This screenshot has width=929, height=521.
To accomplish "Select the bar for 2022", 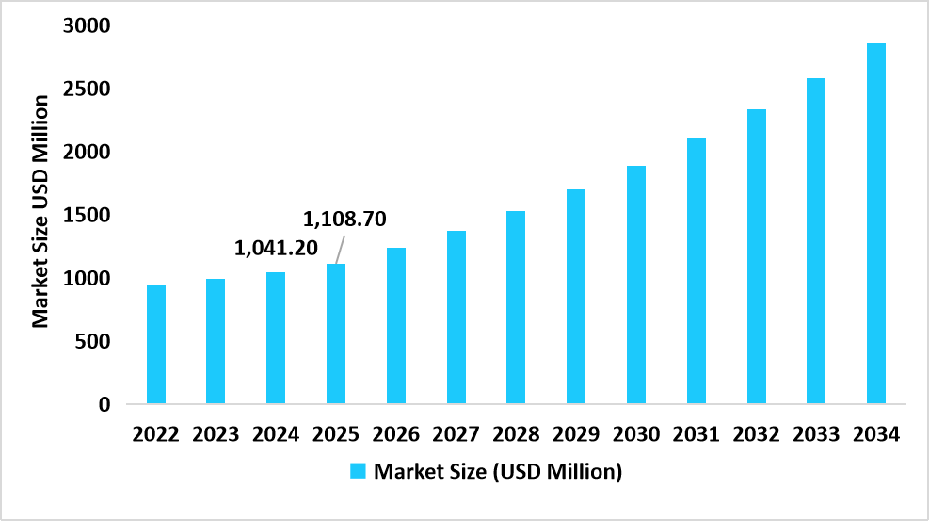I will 155,344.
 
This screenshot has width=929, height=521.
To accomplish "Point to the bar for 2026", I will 395,326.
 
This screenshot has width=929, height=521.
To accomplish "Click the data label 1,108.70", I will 344,220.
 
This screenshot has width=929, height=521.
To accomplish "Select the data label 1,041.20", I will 276,249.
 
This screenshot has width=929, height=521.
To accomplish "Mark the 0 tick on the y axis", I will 104,404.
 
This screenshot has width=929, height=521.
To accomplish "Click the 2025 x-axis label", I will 336,434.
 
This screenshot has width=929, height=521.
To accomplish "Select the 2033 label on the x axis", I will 816,434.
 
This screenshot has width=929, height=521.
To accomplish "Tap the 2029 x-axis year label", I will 576,434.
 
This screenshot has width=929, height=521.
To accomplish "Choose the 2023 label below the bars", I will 216,434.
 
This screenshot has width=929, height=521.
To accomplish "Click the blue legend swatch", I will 359,471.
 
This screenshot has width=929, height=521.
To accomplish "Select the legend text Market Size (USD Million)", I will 498,471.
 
